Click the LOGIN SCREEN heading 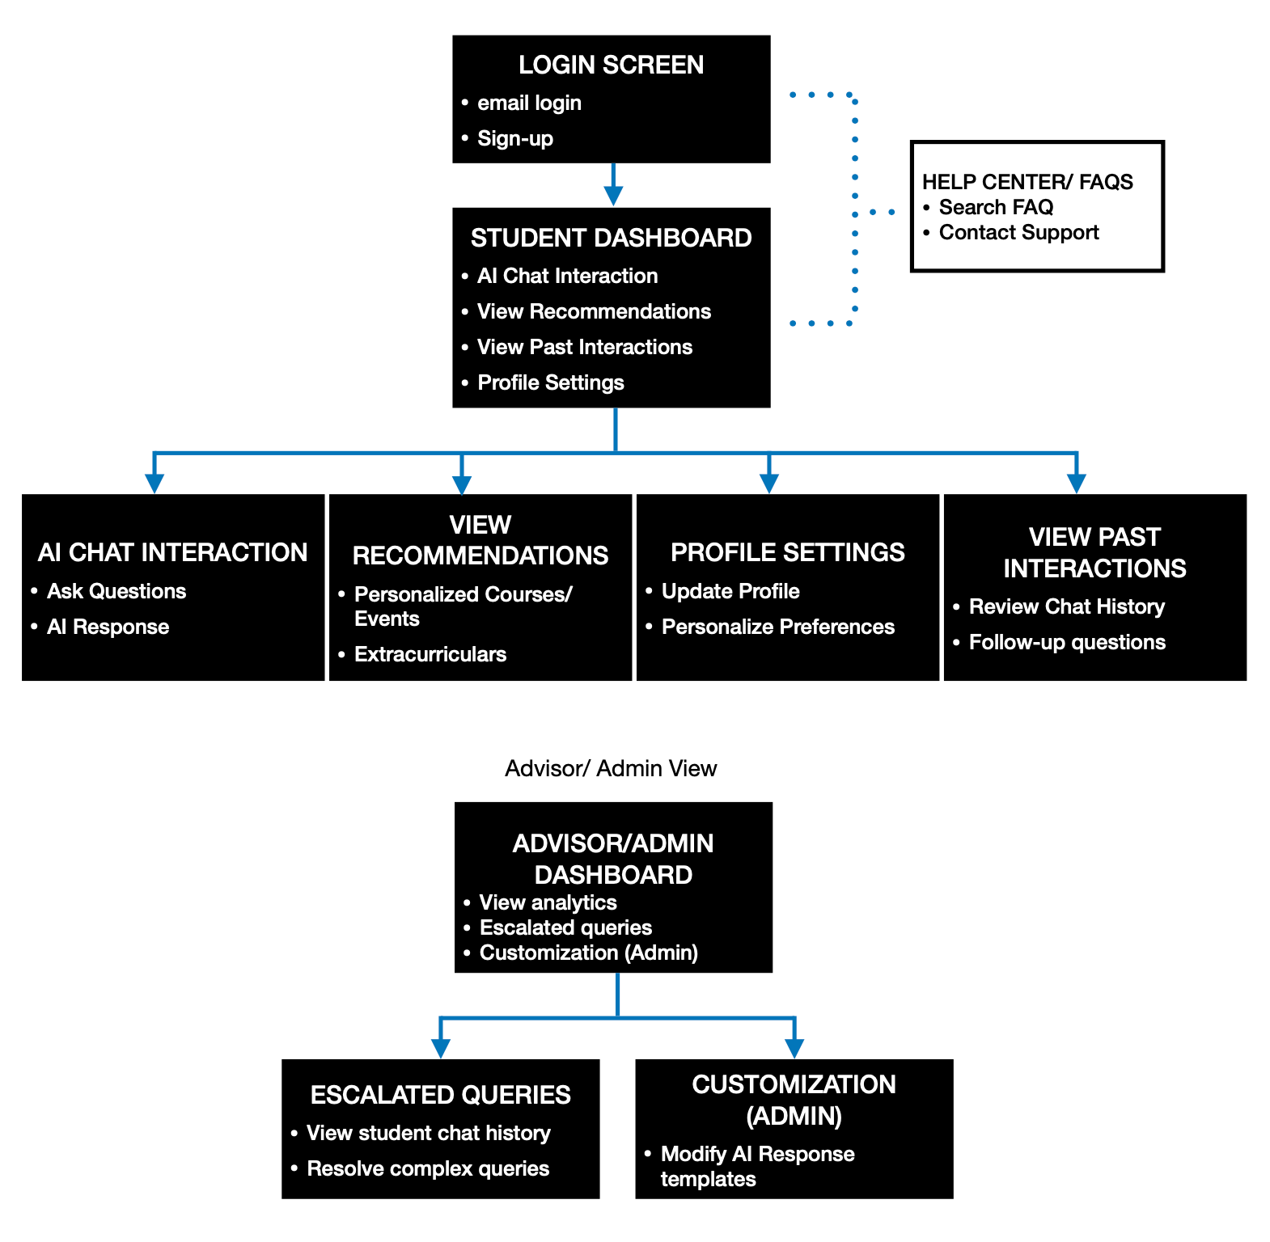(611, 65)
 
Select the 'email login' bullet (529, 103)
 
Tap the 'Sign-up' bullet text (515, 139)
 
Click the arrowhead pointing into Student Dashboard (613, 196)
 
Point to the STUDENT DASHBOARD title (611, 238)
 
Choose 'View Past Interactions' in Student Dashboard (585, 347)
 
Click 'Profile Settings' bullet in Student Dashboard (551, 382)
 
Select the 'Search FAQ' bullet (996, 207)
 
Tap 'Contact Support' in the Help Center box (1018, 233)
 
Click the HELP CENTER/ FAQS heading (1027, 182)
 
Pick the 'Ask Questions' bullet (116, 591)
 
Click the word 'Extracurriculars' (430, 654)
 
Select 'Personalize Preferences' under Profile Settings (778, 627)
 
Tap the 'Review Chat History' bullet (1067, 606)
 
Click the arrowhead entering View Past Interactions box (1076, 484)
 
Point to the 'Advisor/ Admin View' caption (611, 768)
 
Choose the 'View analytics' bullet (548, 902)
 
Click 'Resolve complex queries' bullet (428, 1168)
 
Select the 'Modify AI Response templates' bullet (757, 1166)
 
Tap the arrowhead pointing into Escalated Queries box (440, 1049)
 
